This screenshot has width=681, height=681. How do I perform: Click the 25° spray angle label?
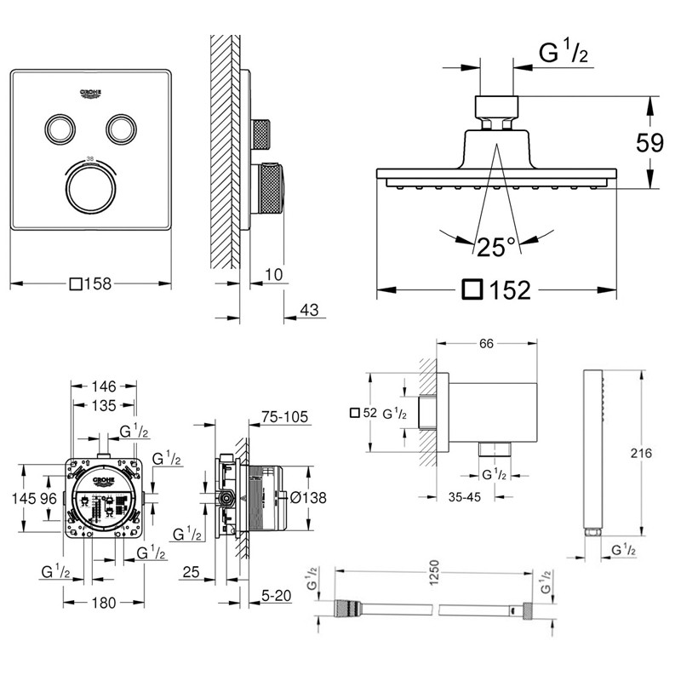point(495,248)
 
